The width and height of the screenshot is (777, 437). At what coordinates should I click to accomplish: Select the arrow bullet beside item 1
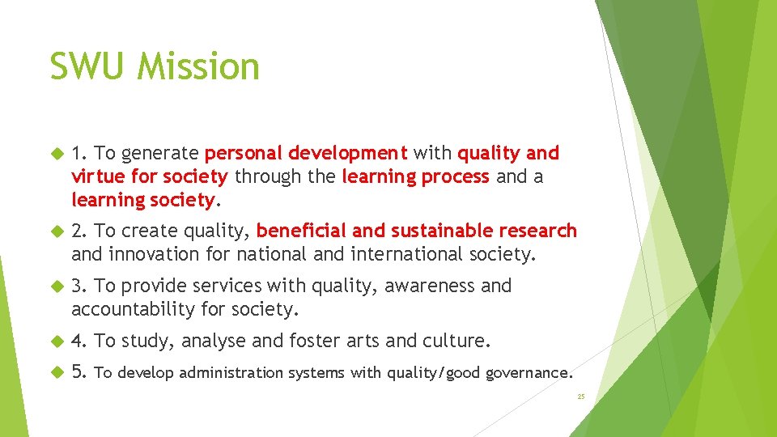pyautogui.click(x=56, y=153)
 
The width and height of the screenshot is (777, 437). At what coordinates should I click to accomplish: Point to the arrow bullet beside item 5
pyautogui.click(x=56, y=372)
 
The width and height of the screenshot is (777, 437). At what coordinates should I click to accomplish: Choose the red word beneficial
pyautogui.click(x=303, y=231)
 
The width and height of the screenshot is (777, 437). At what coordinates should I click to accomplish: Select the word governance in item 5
pyautogui.click(x=529, y=373)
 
